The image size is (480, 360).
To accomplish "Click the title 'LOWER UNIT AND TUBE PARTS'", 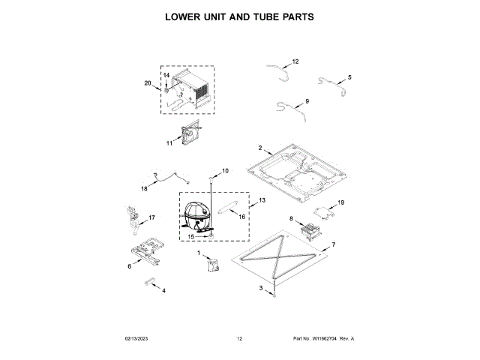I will pyautogui.click(x=239, y=16).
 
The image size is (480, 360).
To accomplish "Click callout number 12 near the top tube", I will pyautogui.click(x=295, y=61).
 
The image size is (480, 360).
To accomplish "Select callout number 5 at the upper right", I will pyautogui.click(x=349, y=77).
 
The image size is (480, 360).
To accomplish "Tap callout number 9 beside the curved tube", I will pyautogui.click(x=307, y=101).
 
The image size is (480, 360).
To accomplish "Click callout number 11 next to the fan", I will pyautogui.click(x=169, y=140).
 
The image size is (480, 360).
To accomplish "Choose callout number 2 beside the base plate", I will pyautogui.click(x=259, y=148).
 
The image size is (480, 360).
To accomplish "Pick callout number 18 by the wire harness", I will pyautogui.click(x=145, y=188).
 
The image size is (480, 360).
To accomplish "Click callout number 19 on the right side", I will pyautogui.click(x=340, y=202).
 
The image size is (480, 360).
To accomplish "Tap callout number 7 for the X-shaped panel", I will pyautogui.click(x=333, y=245).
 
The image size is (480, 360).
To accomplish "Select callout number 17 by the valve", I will pyautogui.click(x=151, y=217).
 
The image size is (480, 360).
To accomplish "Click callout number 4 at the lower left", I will pyautogui.click(x=163, y=290).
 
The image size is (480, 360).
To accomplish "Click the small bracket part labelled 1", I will pyautogui.click(x=212, y=264).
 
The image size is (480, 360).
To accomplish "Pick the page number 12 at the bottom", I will pyautogui.click(x=239, y=339).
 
